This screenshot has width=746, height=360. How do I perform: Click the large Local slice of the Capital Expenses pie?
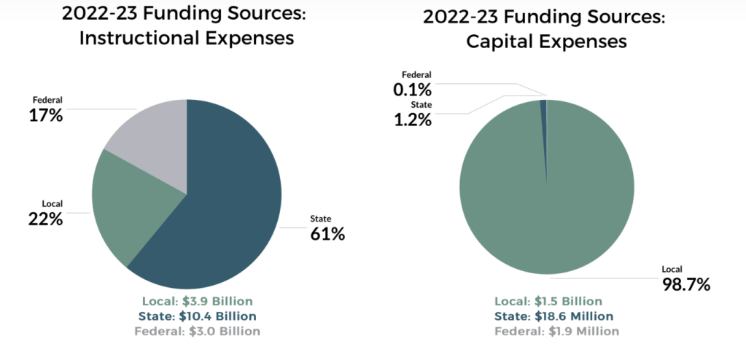[x=547, y=197]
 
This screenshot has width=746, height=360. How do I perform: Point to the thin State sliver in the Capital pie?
[x=543, y=109]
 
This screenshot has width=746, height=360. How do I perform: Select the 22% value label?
[x=44, y=217]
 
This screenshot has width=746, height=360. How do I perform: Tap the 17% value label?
[x=44, y=114]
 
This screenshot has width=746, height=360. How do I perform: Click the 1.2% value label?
[x=413, y=119]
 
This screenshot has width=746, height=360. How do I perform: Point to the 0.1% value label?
[x=413, y=90]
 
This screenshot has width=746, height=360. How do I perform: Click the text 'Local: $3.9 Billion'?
[x=196, y=302]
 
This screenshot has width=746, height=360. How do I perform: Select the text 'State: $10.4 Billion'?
[x=197, y=316]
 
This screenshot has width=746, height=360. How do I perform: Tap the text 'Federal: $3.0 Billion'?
[x=197, y=331]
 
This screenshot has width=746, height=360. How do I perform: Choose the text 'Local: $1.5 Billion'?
[x=548, y=302]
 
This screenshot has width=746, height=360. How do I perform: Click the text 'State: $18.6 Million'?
[x=553, y=316]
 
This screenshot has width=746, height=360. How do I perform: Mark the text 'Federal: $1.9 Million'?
[x=556, y=331]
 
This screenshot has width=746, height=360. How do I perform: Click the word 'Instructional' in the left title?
[x=143, y=39]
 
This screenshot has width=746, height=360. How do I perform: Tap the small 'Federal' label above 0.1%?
[x=417, y=75]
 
